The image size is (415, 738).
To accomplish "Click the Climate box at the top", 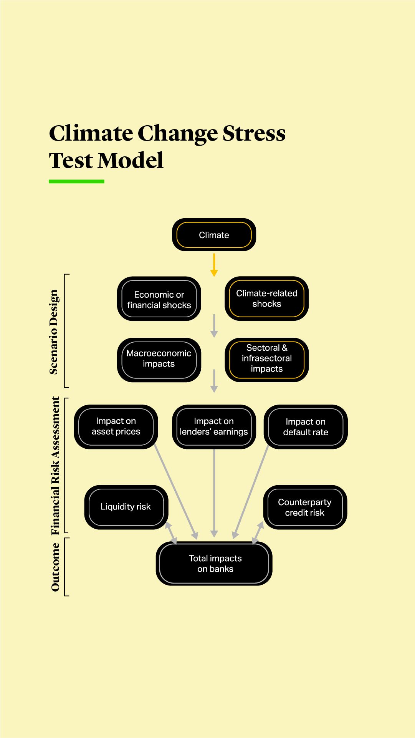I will pos(214,235).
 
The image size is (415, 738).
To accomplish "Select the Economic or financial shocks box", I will pos(159,299).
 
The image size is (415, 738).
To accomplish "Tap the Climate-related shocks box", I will pos(266,299).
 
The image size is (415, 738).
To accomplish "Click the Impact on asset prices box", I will pos(116,426).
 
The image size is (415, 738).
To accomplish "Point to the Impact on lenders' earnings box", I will pos(214,426).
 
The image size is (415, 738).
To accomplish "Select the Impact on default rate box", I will pos(306,426).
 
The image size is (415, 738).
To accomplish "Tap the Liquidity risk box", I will pos(126,507).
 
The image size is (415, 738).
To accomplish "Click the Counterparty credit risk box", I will pos(305,507).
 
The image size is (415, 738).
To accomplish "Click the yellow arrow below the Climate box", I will pos(214,265).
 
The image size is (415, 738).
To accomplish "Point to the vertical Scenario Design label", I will pos(54,332).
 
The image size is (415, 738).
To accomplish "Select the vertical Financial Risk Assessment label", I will pos(56,466).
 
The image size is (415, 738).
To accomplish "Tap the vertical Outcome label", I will pos(56,567).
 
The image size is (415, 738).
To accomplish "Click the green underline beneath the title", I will pos(76,181).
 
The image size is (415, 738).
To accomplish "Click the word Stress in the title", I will pos(254,134).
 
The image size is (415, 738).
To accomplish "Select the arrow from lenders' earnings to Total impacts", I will pos(214,492).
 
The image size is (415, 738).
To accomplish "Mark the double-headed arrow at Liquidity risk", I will pos(171,533).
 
